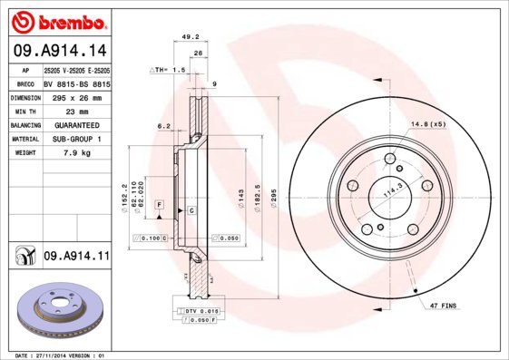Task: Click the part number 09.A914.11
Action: (x=76, y=258)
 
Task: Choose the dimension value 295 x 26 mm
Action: (x=76, y=96)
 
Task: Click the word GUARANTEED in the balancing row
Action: (x=76, y=124)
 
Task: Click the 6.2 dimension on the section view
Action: (x=163, y=126)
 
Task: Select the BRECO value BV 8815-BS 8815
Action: (x=76, y=83)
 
